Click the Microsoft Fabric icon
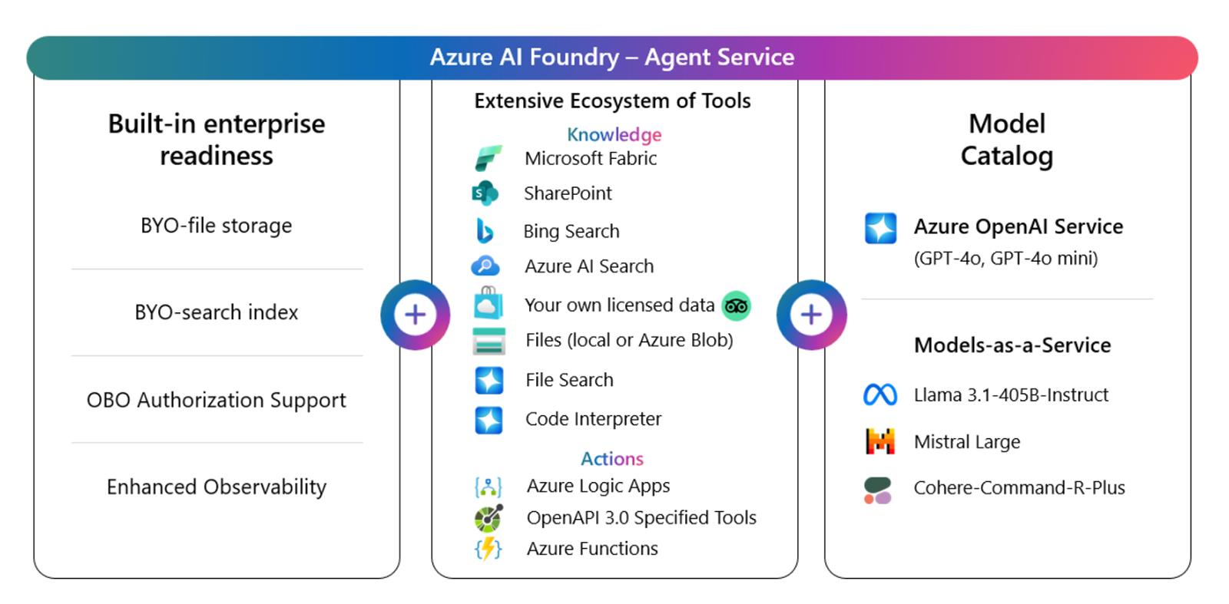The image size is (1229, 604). pos(488,158)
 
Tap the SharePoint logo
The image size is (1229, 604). pos(485,193)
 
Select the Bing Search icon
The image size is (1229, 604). pos(485,230)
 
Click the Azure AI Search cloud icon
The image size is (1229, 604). pos(485,266)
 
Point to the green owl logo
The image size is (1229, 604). pos(736,306)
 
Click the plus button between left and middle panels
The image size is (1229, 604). pos(415,315)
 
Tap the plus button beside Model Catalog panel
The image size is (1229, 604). pos(811,315)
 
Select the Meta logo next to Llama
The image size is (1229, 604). pos(880,394)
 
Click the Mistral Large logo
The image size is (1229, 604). pos(880,441)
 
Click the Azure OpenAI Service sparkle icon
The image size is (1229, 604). pos(880,228)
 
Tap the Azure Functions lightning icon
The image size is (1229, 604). pos(489,549)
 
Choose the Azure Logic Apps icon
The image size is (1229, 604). pos(489,487)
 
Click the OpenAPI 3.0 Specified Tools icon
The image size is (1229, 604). pos(489,518)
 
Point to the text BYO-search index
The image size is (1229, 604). pos(217,312)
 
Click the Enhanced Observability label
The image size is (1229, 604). pos(217,487)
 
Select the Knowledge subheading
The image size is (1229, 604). pos(614,134)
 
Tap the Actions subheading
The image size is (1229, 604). pos(612,458)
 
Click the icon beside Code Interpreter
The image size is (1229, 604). pos(489,420)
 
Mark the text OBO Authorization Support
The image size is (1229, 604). pos(217,400)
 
